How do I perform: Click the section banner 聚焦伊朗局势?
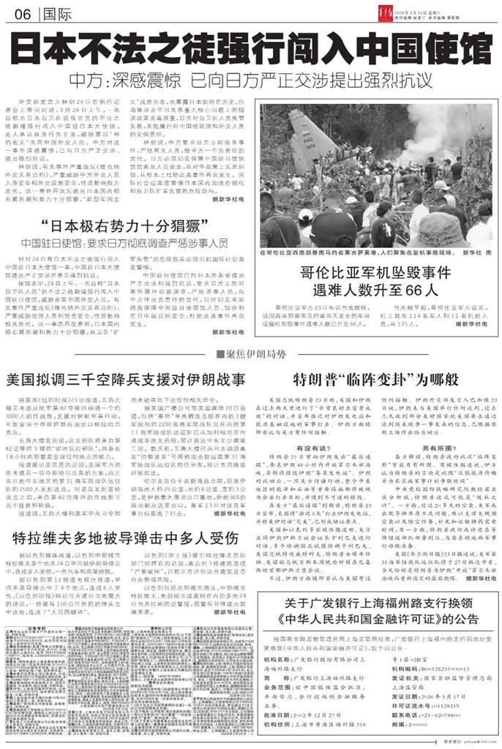[251, 354]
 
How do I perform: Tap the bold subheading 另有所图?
[435, 446]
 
